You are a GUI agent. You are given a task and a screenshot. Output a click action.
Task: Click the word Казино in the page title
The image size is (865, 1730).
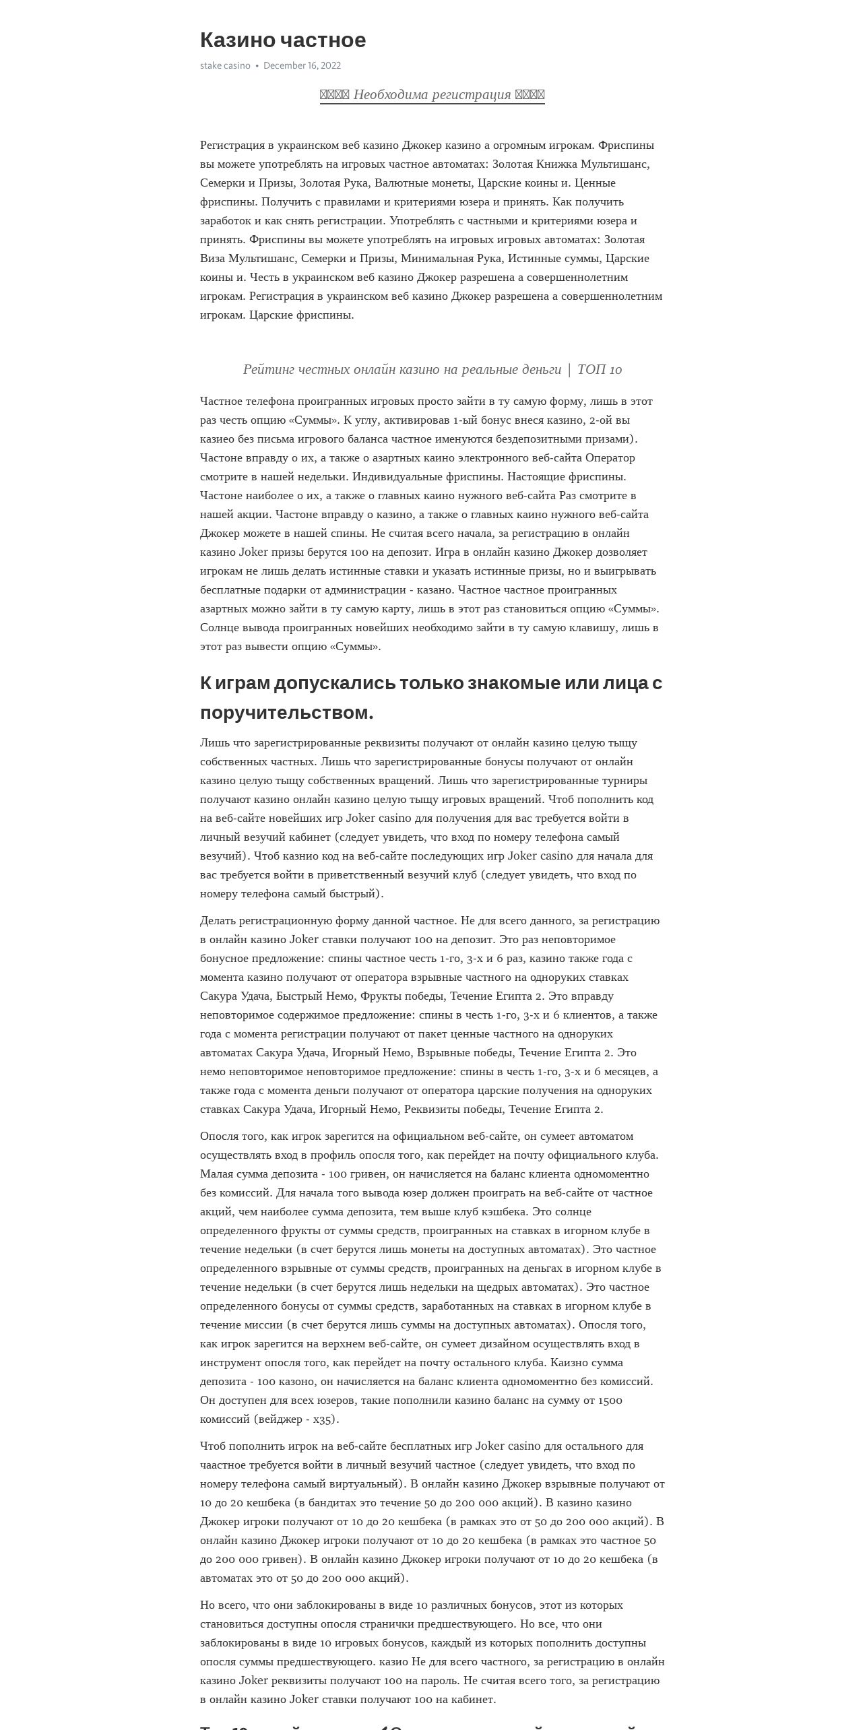[x=237, y=40]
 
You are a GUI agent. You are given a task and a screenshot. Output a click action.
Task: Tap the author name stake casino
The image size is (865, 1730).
[x=225, y=65]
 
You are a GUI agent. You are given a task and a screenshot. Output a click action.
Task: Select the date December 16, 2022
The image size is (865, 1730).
[x=302, y=65]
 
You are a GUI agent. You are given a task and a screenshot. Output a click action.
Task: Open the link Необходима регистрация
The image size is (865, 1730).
[x=432, y=94]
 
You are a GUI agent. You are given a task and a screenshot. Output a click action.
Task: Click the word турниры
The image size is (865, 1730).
[x=626, y=780]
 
